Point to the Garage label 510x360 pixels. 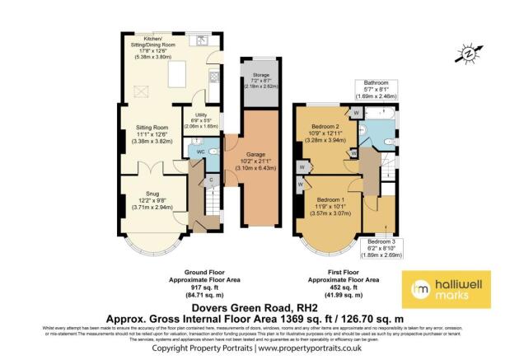[250, 153]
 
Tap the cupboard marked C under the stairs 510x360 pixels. [211, 180]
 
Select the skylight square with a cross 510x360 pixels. [136, 94]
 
